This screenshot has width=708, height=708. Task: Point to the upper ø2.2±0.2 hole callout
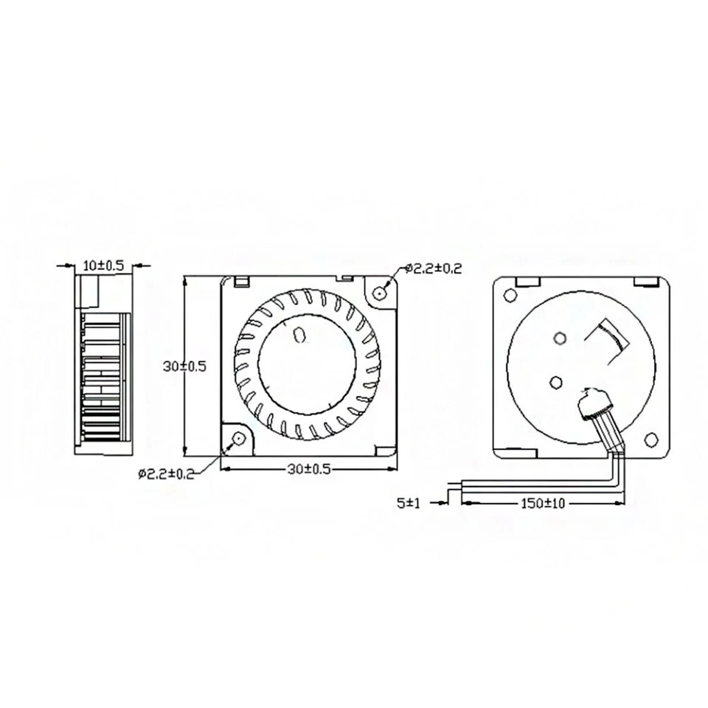434,269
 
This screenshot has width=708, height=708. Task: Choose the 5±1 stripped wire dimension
408,503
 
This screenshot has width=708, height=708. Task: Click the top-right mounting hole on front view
380,292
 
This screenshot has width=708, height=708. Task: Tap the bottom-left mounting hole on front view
237,439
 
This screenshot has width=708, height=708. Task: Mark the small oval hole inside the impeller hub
299,336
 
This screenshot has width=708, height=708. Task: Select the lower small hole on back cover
555,381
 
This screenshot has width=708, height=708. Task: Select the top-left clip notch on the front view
240,280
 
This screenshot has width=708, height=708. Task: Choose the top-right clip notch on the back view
646,280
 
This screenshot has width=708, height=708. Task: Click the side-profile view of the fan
103,365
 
